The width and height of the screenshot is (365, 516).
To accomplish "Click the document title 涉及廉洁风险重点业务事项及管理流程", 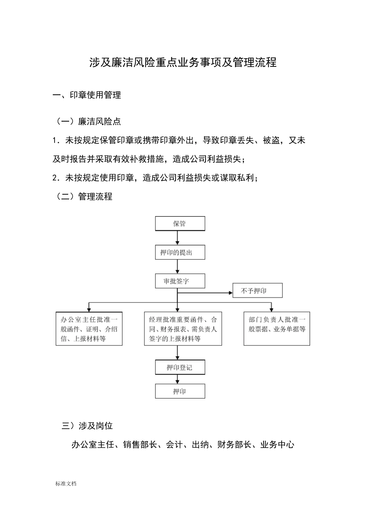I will coord(183,62).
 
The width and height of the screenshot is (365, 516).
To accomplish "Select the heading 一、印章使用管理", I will coord(87,95).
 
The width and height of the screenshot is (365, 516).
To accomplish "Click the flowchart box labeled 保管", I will coord(180,223).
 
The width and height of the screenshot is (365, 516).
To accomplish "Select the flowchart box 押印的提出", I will coord(180,252).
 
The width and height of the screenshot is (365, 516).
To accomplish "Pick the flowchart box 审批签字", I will coord(180,281).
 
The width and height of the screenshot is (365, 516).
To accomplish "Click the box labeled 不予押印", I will coord(257,291).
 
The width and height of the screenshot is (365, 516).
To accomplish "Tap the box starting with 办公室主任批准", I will coord(89,329).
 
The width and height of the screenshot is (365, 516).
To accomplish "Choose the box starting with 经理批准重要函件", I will coord(183,329).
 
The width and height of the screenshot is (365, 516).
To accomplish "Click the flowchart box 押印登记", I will coord(180,367).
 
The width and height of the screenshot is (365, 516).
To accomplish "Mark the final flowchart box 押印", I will coord(180,391).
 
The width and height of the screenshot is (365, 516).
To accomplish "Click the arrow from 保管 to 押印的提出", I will coord(177,238).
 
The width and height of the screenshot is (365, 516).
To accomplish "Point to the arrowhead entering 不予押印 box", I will coord(231,293).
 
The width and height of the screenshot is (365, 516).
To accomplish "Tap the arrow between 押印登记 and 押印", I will coord(177,379).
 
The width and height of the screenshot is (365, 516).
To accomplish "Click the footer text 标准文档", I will coord(66,484).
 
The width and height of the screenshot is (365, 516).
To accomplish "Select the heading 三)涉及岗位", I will coord(87,426).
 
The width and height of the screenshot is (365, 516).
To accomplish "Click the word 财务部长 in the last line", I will coord(234,445).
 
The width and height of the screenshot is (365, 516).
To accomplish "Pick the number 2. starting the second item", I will coord(56,178).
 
